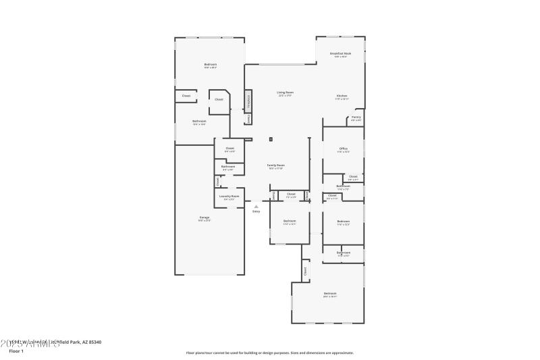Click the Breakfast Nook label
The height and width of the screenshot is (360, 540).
(x=340, y=54)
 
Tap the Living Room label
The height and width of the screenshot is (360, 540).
(x=285, y=93)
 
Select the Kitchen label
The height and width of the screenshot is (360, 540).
(x=342, y=97)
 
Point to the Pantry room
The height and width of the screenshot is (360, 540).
(x=356, y=118)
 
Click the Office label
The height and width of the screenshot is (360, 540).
(x=343, y=149)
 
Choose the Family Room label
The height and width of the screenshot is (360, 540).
(x=275, y=166)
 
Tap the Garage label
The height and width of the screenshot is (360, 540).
(x=204, y=218)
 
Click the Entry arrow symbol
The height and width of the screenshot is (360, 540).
(x=256, y=206)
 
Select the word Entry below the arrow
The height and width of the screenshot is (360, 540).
(x=256, y=212)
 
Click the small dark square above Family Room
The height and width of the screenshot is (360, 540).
(x=270, y=140)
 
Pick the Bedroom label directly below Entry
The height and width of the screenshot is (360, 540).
(x=290, y=222)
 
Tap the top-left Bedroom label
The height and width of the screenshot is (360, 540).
(x=211, y=65)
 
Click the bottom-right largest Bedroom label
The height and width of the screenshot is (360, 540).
(x=329, y=294)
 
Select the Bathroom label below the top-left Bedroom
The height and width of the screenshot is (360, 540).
(x=199, y=122)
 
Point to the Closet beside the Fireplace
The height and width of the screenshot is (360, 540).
(x=248, y=118)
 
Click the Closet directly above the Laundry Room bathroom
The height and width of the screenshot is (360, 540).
(x=230, y=149)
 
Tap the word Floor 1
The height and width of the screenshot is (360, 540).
(x=16, y=351)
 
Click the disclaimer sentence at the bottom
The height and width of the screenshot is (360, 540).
(x=269, y=353)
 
